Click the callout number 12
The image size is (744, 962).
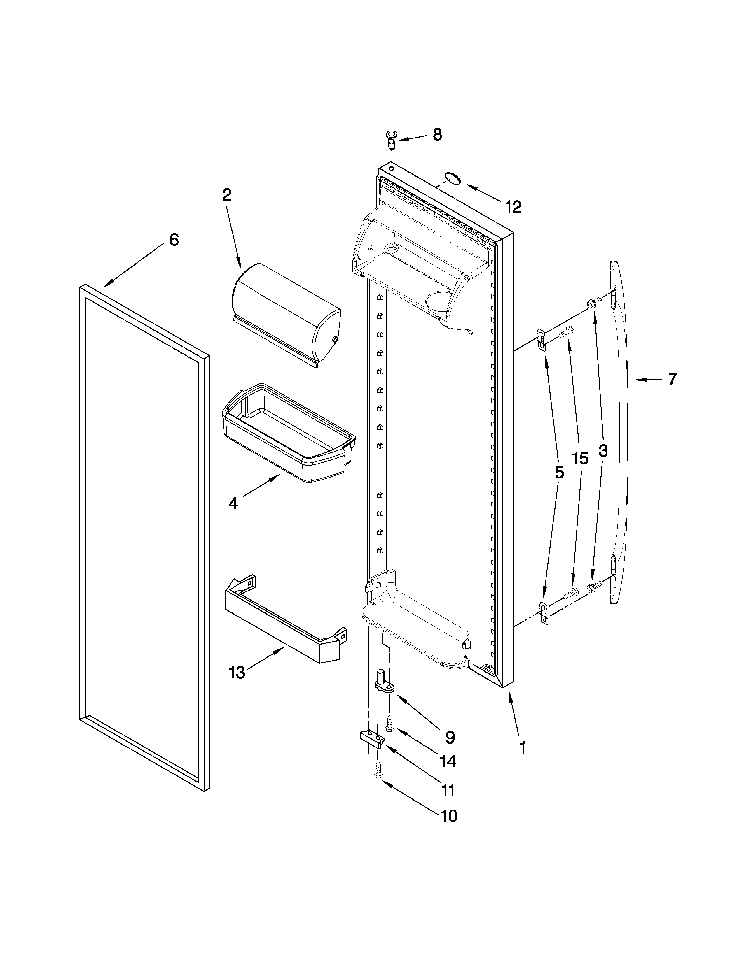point(514,207)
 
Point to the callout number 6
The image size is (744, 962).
point(174,240)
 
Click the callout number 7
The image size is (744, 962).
point(672,379)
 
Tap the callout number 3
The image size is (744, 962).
point(603,451)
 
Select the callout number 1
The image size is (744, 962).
point(522,748)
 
